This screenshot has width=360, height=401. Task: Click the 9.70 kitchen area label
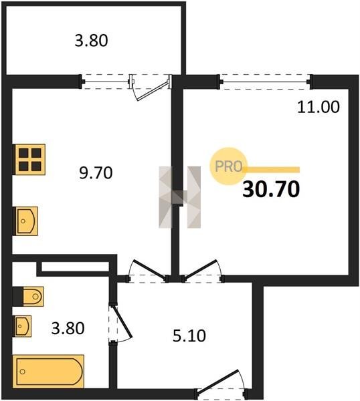96,172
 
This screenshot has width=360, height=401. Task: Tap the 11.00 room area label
319,107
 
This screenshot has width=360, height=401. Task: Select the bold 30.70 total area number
271,189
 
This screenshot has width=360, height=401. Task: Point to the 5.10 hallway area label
189,336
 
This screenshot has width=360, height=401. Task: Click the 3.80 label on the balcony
91,41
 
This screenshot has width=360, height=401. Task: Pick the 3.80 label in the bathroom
68,328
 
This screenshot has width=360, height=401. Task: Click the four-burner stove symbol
29,160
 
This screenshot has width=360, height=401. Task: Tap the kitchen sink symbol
26,221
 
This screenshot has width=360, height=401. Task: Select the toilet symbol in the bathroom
29,296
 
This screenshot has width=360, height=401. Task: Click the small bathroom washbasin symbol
23,326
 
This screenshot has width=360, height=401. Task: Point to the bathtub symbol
49,372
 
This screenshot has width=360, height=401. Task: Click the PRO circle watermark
228,166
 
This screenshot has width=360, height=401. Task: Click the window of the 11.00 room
265,82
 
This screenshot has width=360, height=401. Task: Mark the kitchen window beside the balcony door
106,82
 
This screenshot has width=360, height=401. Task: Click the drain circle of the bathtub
23,372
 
